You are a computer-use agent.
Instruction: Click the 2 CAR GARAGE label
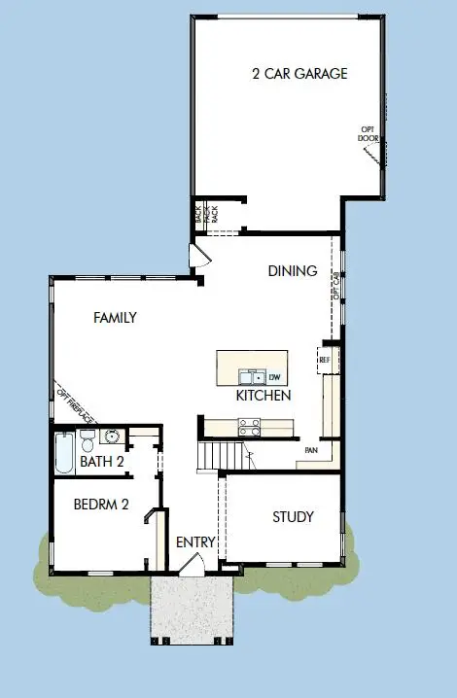pyautogui.click(x=299, y=74)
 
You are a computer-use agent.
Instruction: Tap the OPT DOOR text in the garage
pyautogui.click(x=369, y=132)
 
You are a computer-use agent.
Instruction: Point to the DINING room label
pyautogui.click(x=293, y=271)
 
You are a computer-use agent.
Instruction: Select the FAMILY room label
pyautogui.click(x=115, y=318)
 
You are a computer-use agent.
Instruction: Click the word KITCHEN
pyautogui.click(x=264, y=397)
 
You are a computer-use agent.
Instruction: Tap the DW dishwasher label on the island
pyautogui.click(x=274, y=377)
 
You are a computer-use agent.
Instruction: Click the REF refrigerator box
pyautogui.click(x=325, y=360)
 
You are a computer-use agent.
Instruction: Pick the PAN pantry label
pyautogui.click(x=311, y=450)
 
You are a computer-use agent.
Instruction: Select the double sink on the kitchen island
pyautogui.click(x=252, y=376)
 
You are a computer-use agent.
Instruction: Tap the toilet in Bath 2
pyautogui.click(x=87, y=437)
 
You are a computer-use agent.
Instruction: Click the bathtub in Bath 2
pyautogui.click(x=64, y=453)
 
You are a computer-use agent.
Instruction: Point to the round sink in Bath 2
pyautogui.click(x=112, y=436)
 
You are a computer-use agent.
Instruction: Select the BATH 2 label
pyautogui.click(x=101, y=462)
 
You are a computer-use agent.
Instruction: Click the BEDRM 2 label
pyautogui.click(x=101, y=505)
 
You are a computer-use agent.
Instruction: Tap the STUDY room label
pyautogui.click(x=293, y=517)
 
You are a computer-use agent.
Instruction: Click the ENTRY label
pyautogui.click(x=195, y=542)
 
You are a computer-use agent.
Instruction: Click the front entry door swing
pyautogui.click(x=193, y=565)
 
